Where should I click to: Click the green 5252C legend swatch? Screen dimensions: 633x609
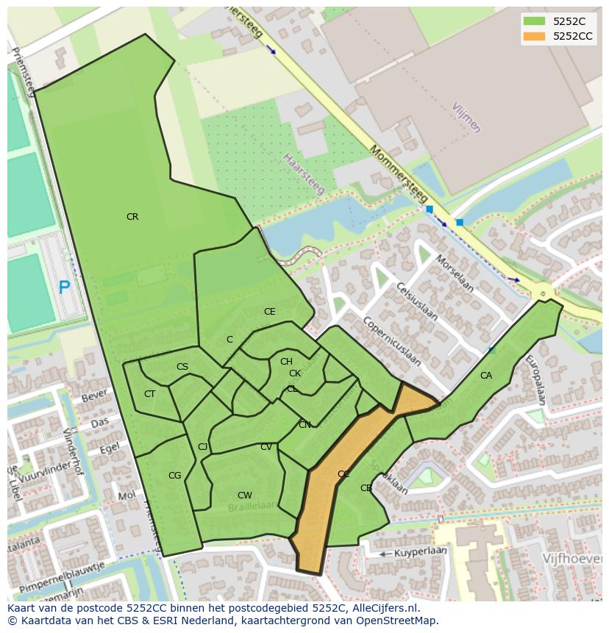(x=535, y=21)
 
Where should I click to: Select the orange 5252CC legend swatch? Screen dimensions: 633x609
(x=535, y=36)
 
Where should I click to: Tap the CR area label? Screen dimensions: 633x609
(x=132, y=217)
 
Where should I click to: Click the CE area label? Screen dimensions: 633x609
(x=270, y=312)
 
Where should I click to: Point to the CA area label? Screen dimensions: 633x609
(x=486, y=376)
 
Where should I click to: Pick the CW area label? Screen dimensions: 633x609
(x=245, y=496)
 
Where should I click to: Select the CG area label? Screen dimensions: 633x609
(x=174, y=476)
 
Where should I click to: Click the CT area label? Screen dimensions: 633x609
(x=150, y=394)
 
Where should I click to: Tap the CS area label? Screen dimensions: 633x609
(x=182, y=367)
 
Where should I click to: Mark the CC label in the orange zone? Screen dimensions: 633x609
(x=343, y=474)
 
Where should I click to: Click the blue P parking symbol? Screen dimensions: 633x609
(x=65, y=287)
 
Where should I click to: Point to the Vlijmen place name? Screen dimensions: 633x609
(x=466, y=118)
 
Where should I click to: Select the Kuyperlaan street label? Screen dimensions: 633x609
(x=421, y=551)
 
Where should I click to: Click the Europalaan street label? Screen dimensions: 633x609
(x=535, y=380)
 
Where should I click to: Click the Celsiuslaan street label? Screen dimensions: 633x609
(x=416, y=302)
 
